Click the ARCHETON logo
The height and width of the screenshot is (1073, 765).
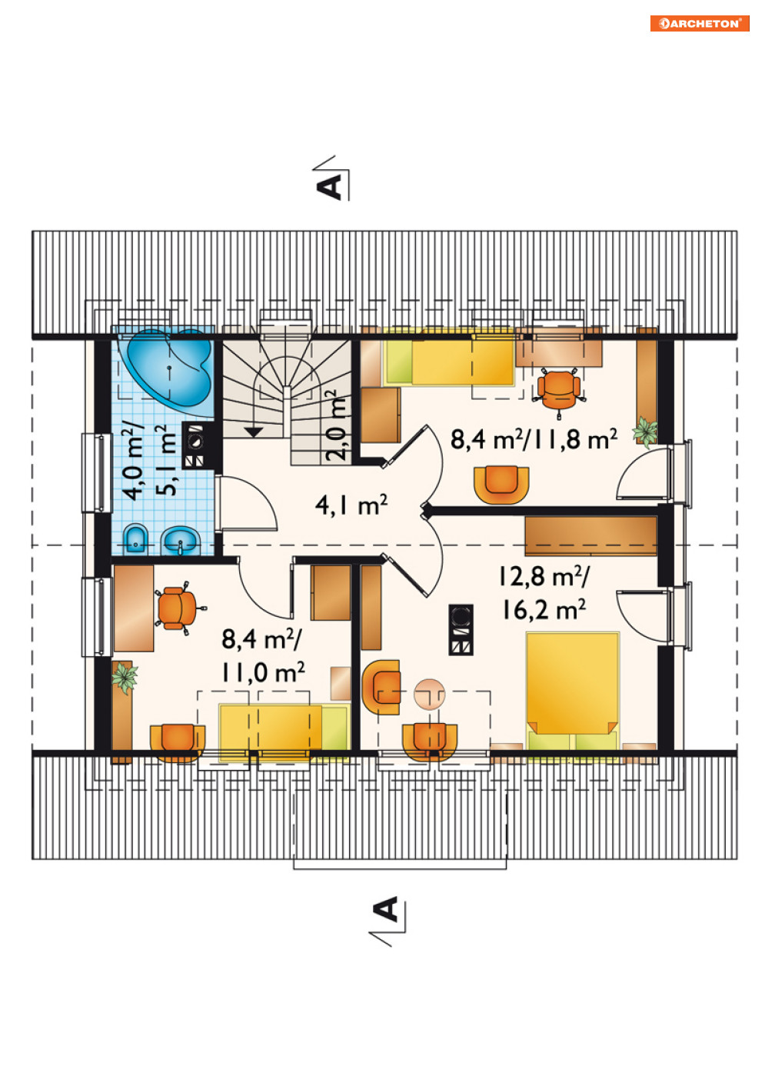pos(699,24)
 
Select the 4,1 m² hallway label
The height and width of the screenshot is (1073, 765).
pos(351,505)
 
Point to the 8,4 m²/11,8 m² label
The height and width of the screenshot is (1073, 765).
pos(534,439)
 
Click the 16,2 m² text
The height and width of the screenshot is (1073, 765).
pos(544,610)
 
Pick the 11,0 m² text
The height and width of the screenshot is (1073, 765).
pos(263,672)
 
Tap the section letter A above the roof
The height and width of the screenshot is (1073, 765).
pos(329,187)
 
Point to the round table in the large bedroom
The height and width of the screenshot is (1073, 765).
pos(429,694)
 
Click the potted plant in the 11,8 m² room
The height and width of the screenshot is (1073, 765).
pos(644,431)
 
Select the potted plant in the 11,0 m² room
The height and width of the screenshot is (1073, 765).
pos(125,677)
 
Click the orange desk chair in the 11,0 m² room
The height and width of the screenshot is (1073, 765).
pos(178,608)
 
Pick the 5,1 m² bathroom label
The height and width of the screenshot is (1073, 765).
pos(168,460)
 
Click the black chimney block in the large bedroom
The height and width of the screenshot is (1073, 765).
pos(461,629)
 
